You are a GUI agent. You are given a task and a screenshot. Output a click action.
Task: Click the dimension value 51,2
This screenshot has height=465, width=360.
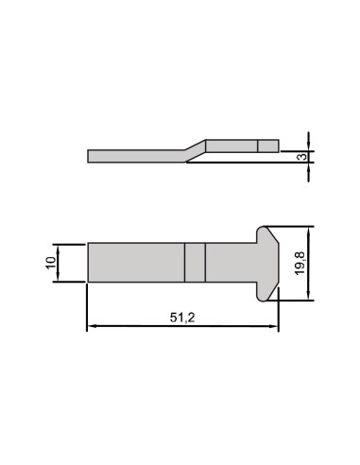[x=182, y=318]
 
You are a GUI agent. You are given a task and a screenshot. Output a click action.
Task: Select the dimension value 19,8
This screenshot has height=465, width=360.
[x=300, y=264]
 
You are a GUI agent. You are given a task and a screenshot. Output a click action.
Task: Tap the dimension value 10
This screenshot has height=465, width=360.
[x=51, y=263]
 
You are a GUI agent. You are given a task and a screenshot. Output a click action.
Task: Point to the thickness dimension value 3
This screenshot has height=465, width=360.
[x=302, y=157]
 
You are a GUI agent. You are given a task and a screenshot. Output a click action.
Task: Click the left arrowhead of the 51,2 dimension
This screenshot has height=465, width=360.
[x=92, y=327]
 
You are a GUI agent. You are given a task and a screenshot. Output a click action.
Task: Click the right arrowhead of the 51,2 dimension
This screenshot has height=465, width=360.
[x=274, y=327]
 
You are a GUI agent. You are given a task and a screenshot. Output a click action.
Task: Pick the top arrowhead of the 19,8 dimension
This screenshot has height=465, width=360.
[x=309, y=231]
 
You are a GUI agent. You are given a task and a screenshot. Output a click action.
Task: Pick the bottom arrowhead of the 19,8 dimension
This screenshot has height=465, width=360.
[x=309, y=296]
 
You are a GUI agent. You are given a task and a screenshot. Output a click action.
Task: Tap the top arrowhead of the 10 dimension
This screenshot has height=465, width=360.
[x=58, y=249]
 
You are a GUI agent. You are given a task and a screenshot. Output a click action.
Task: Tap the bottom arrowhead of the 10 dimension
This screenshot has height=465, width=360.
[x=58, y=277]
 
